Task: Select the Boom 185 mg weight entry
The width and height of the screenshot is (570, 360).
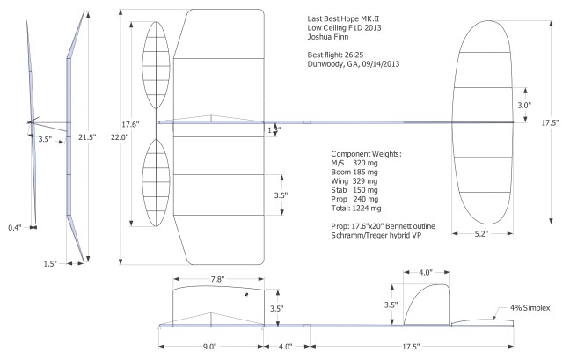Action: [x=351, y=172]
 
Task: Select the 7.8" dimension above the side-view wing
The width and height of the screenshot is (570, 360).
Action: [x=218, y=279]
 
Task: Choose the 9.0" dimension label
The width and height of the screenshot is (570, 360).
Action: [x=209, y=346]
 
